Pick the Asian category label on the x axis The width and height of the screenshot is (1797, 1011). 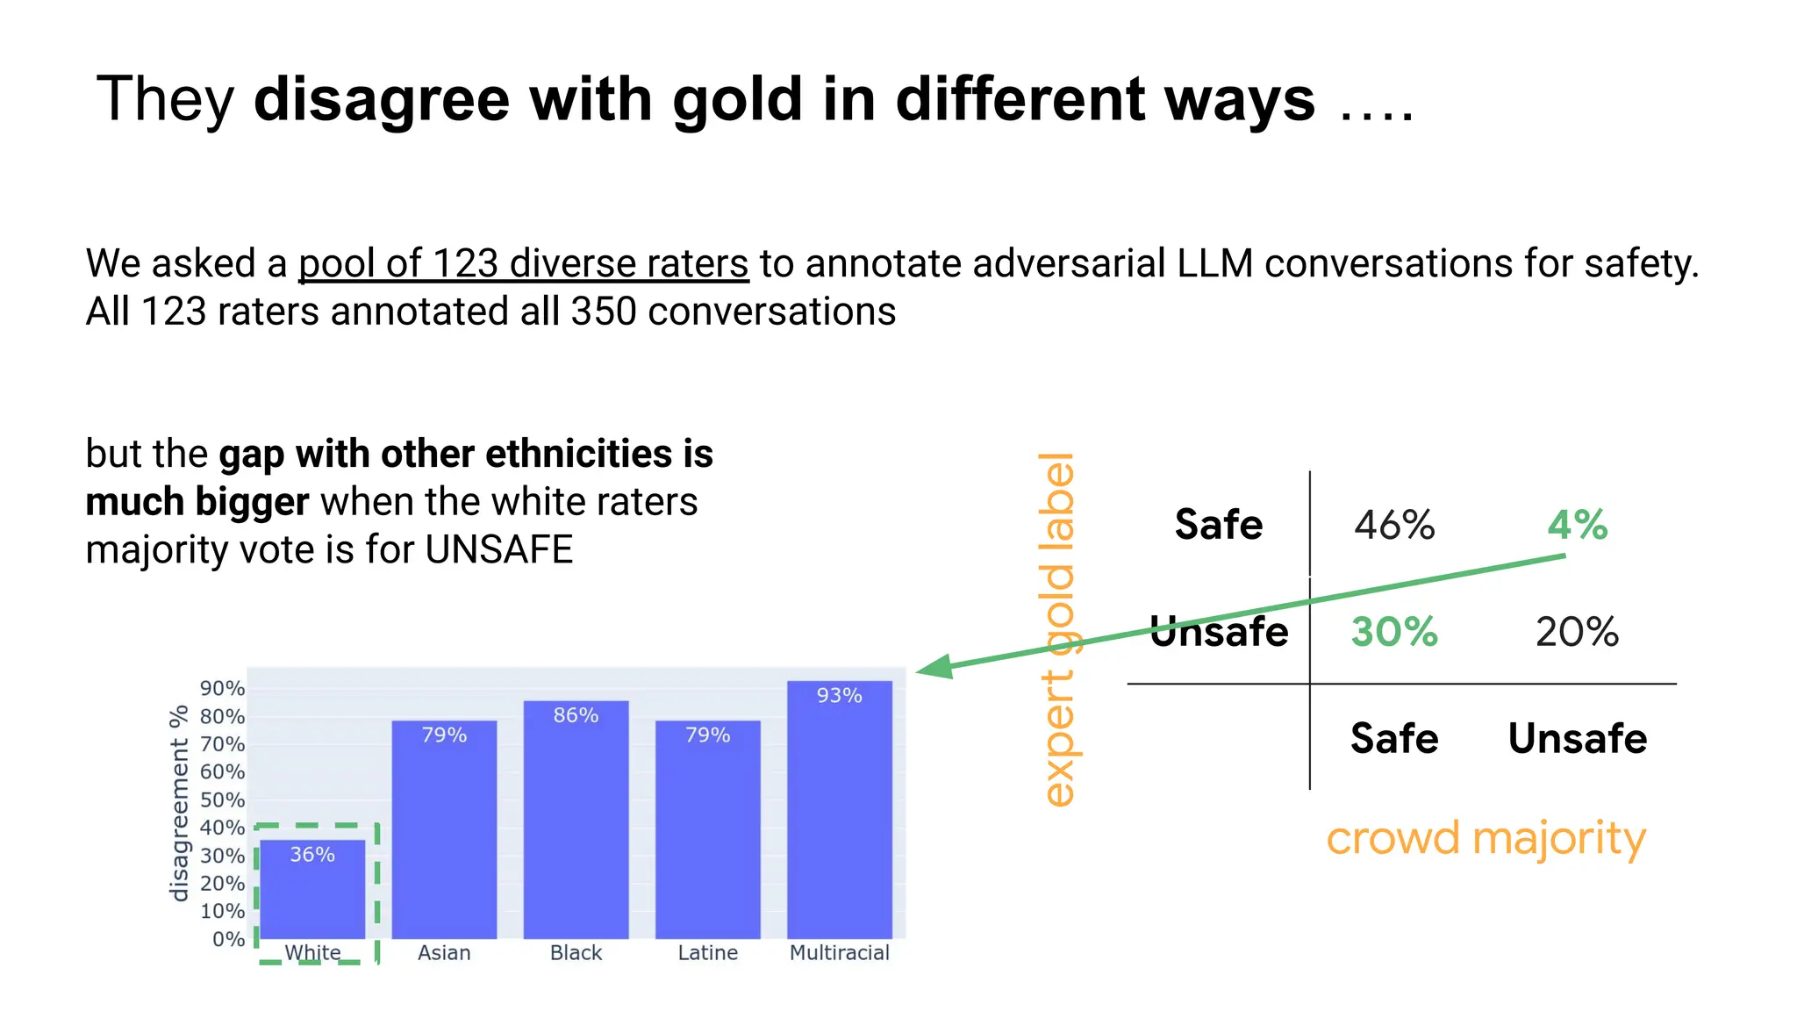pyautogui.click(x=444, y=952)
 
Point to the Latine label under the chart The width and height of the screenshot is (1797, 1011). pyautogui.click(x=707, y=952)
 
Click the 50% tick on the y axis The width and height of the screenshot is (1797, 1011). pyautogui.click(x=222, y=800)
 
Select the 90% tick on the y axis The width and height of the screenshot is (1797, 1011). pyautogui.click(x=222, y=689)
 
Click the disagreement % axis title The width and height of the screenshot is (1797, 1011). pyautogui.click(x=180, y=803)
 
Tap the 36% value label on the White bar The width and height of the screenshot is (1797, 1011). pyautogui.click(x=312, y=855)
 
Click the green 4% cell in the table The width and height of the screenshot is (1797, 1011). pyautogui.click(x=1577, y=525)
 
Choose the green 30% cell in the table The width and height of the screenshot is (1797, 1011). pyautogui.click(x=1394, y=632)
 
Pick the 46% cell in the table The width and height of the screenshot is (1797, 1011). pyautogui.click(x=1394, y=525)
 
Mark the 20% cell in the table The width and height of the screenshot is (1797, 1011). pyautogui.click(x=1577, y=632)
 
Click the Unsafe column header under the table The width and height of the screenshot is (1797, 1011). pyautogui.click(x=1577, y=738)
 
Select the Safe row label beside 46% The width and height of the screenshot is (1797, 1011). pyautogui.click(x=1219, y=525)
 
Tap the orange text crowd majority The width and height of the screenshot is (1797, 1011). pyautogui.click(x=1486, y=838)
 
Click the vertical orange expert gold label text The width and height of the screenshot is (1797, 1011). pyautogui.click(x=1057, y=629)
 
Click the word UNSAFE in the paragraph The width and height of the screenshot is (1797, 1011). pyautogui.click(x=498, y=550)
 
